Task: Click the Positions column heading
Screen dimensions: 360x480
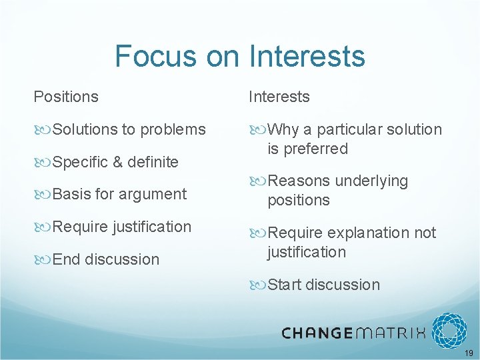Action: (66, 97)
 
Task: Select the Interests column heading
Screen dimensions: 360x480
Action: (279, 97)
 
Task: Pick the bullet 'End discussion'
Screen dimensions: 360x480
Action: (105, 259)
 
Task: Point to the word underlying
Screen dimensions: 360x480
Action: (371, 181)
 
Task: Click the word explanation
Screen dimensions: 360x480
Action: (370, 233)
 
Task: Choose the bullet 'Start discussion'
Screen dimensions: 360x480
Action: (323, 285)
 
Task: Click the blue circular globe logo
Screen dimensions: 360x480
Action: (449, 331)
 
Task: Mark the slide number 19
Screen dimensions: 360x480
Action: (469, 353)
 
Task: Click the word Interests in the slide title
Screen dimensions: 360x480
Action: (307, 56)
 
